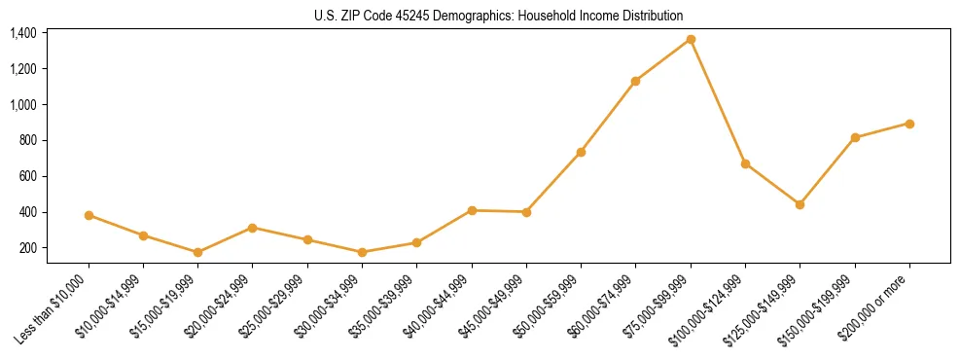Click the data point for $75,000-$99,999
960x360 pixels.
[691, 39]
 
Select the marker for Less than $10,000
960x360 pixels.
[89, 215]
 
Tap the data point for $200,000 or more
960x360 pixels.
[909, 124]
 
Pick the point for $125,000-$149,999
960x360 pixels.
[800, 204]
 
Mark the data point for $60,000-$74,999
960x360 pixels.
[635, 81]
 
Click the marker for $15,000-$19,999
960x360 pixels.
[197, 252]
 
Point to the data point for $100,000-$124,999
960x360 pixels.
[745, 163]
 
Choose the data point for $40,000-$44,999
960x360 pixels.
[472, 210]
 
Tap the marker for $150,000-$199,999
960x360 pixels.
[855, 137]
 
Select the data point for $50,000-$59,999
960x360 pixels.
[581, 152]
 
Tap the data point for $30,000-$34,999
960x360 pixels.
[362, 252]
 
